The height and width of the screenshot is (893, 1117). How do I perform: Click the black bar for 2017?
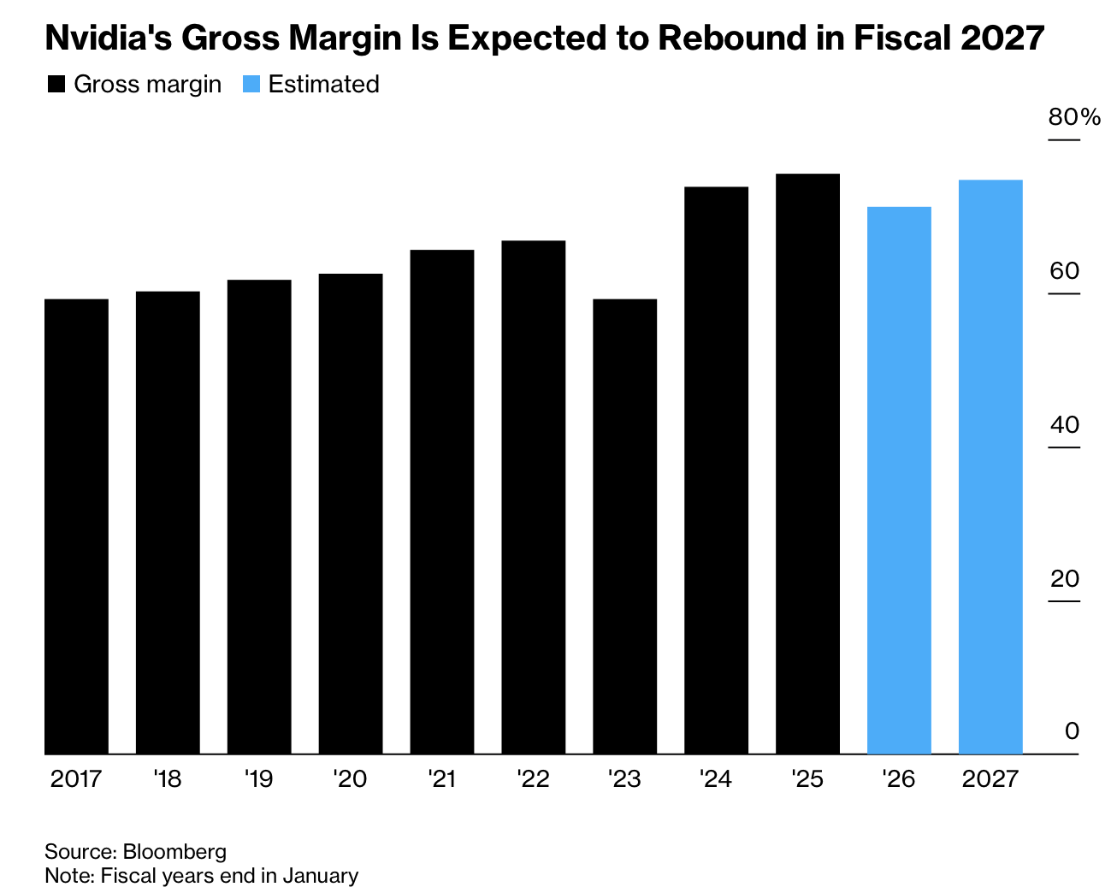click(x=76, y=526)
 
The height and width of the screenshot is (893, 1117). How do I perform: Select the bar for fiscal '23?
click(x=624, y=526)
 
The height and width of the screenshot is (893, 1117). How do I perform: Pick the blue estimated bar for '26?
click(x=899, y=480)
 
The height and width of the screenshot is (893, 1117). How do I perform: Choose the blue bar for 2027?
click(x=990, y=466)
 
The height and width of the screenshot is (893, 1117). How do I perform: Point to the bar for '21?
click(x=441, y=501)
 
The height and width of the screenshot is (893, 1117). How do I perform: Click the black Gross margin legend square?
click(x=56, y=85)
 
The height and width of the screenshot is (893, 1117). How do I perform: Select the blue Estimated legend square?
click(x=251, y=85)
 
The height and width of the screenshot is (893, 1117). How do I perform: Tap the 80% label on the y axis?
click(x=1074, y=117)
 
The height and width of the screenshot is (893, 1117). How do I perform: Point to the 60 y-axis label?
click(x=1065, y=271)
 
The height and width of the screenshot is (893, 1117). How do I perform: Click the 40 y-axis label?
click(x=1065, y=424)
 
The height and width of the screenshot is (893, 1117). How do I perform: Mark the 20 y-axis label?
click(x=1065, y=578)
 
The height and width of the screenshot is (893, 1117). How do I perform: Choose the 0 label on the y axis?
click(x=1072, y=731)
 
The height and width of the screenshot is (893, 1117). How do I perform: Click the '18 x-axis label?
click(x=168, y=779)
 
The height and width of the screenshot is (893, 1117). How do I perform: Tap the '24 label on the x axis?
click(x=716, y=779)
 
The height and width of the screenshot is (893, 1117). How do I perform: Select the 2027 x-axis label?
click(x=990, y=779)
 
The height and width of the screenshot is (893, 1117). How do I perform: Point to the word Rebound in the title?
click(x=726, y=38)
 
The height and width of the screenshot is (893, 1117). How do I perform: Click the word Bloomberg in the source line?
click(x=174, y=852)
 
